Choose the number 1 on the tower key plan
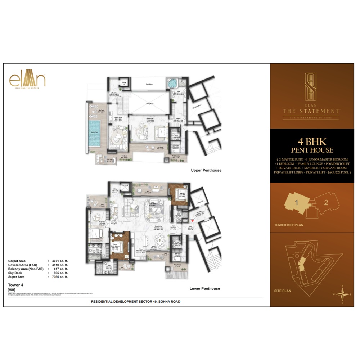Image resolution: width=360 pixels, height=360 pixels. coord(297,203)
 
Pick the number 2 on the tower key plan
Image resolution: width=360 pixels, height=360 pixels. coord(325,202)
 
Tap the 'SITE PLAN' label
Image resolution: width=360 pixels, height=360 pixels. coord(282,290)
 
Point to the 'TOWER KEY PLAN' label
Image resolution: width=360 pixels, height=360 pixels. coord(289,225)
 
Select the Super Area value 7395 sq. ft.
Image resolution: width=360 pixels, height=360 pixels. coord(59,277)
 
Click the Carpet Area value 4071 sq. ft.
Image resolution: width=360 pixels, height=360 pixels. coord(59,260)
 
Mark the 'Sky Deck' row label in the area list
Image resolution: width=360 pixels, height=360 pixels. coord(14,273)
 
